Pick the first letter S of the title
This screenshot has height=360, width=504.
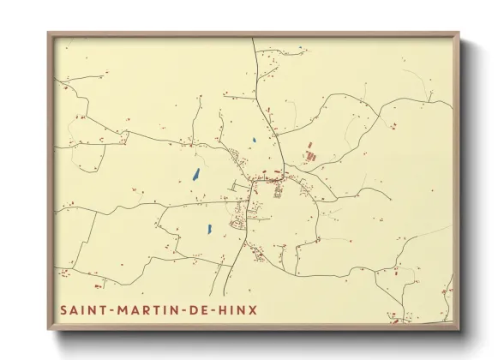pos(63,309)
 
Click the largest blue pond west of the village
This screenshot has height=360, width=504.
pos(196,174)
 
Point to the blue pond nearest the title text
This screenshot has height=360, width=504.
pos(209,229)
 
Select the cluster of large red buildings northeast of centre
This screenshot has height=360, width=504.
pos(310,156)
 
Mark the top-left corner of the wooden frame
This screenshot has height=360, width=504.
pos(48,33)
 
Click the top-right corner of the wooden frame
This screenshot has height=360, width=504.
pos(459,33)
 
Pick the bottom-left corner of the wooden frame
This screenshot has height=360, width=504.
pos(48,330)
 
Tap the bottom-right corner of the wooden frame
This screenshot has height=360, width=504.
pos(459,330)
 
